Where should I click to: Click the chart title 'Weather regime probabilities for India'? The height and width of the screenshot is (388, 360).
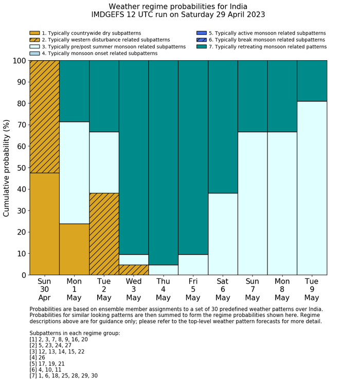178,6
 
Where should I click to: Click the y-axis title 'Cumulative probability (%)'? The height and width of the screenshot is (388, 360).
7,168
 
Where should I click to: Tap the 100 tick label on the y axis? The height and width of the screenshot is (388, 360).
19,61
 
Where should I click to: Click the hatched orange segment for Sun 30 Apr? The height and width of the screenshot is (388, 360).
44,116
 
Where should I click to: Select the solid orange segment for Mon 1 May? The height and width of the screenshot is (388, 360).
74,249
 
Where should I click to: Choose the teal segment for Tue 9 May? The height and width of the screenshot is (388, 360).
312,81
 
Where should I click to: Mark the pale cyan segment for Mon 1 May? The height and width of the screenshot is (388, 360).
74,172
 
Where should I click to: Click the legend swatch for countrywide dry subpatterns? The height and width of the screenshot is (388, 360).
34,33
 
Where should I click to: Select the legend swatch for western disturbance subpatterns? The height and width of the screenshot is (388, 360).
34,40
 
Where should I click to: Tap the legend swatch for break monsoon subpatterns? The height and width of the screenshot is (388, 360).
202,40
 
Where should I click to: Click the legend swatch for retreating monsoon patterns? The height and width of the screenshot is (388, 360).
202,47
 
